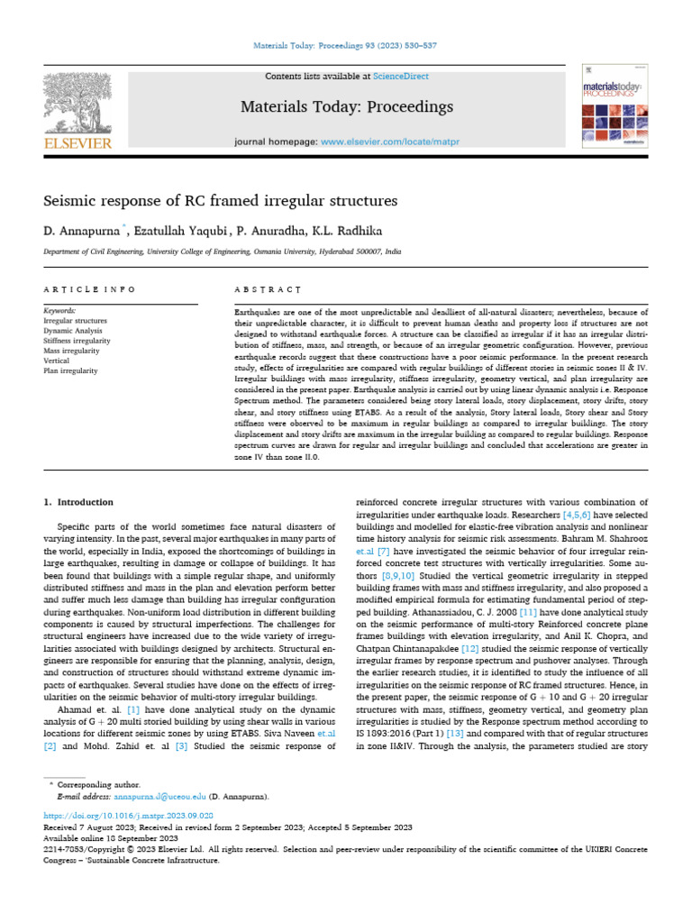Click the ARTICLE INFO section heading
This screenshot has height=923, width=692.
coord(89,289)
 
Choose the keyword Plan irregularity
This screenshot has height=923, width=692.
coord(72,370)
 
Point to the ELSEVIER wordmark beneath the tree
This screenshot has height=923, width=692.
coord(77,143)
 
